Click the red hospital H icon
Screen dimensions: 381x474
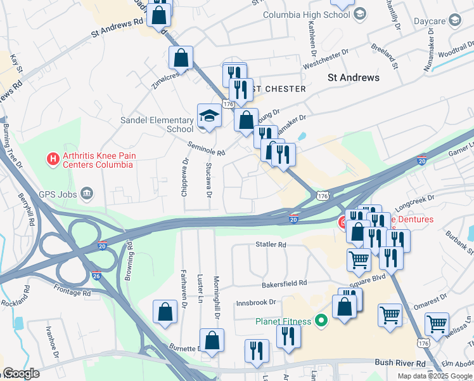53,157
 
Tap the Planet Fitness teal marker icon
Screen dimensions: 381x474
321,321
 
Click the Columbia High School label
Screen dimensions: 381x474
306,14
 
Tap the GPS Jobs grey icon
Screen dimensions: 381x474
87,193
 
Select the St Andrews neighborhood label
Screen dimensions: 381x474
354,77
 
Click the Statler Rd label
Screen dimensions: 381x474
271,244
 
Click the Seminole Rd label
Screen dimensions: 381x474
207,149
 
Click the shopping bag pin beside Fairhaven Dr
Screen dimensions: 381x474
165,312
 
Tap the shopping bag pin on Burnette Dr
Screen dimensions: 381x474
212,340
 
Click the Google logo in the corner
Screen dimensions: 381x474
21,373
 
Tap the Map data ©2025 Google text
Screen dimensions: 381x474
435,376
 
